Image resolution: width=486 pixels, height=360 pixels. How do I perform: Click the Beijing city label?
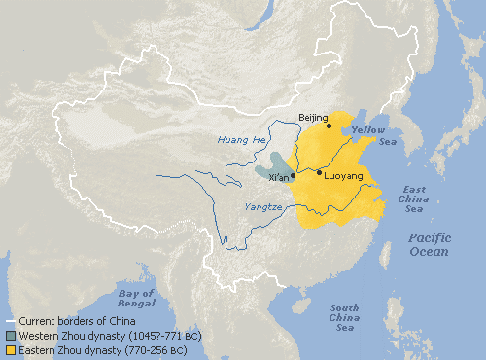[x=314, y=116]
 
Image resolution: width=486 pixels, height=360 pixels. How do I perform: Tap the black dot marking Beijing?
[x=329, y=125]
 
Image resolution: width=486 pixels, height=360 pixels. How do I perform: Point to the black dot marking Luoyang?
[x=319, y=173]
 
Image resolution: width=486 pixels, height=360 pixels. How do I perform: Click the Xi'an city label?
[x=279, y=178]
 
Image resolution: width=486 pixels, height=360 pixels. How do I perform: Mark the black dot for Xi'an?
[x=294, y=176]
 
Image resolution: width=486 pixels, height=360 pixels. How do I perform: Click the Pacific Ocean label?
[x=429, y=244]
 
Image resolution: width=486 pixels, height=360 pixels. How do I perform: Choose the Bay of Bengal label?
[x=136, y=299]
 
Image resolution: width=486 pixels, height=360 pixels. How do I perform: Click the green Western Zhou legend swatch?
[x=11, y=335]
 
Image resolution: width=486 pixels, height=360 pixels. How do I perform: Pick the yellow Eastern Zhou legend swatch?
[x=11, y=348]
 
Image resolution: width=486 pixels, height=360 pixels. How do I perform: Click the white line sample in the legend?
[x=11, y=321]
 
